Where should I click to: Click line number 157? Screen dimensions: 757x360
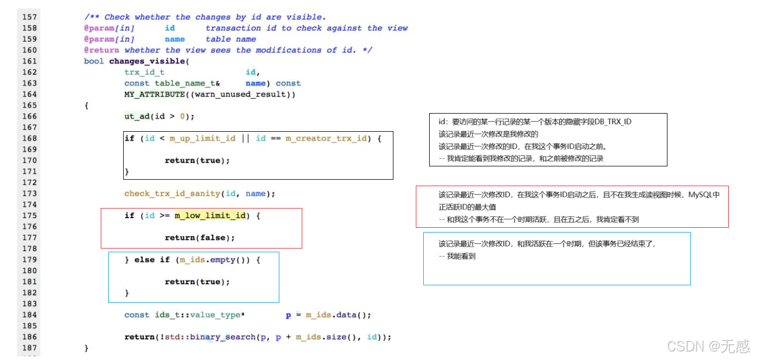tap(29, 17)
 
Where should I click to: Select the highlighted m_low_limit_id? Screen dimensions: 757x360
tap(211, 215)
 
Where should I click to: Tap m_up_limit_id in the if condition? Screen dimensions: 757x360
tap(203, 138)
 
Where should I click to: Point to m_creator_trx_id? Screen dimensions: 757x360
tap(326, 138)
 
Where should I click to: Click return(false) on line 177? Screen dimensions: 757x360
tap(200, 237)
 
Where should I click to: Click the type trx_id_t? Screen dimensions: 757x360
tap(144, 72)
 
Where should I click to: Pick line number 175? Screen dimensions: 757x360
tap(29, 215)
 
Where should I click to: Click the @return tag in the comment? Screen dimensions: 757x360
tap(102, 50)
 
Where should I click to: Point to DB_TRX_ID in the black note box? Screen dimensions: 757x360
tap(613, 122)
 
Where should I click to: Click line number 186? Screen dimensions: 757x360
tap(29, 337)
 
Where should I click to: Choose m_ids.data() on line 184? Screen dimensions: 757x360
tap(335, 315)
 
